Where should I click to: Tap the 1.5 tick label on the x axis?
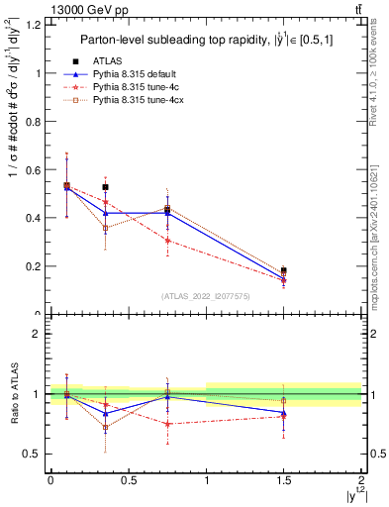(x=284, y=482)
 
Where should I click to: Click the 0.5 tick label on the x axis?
(x=128, y=482)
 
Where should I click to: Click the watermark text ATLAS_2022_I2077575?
(x=205, y=296)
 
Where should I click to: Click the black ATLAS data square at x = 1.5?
(x=284, y=270)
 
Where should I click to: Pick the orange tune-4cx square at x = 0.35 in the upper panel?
(x=105, y=228)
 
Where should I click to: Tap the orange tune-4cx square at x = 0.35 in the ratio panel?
(x=105, y=428)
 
